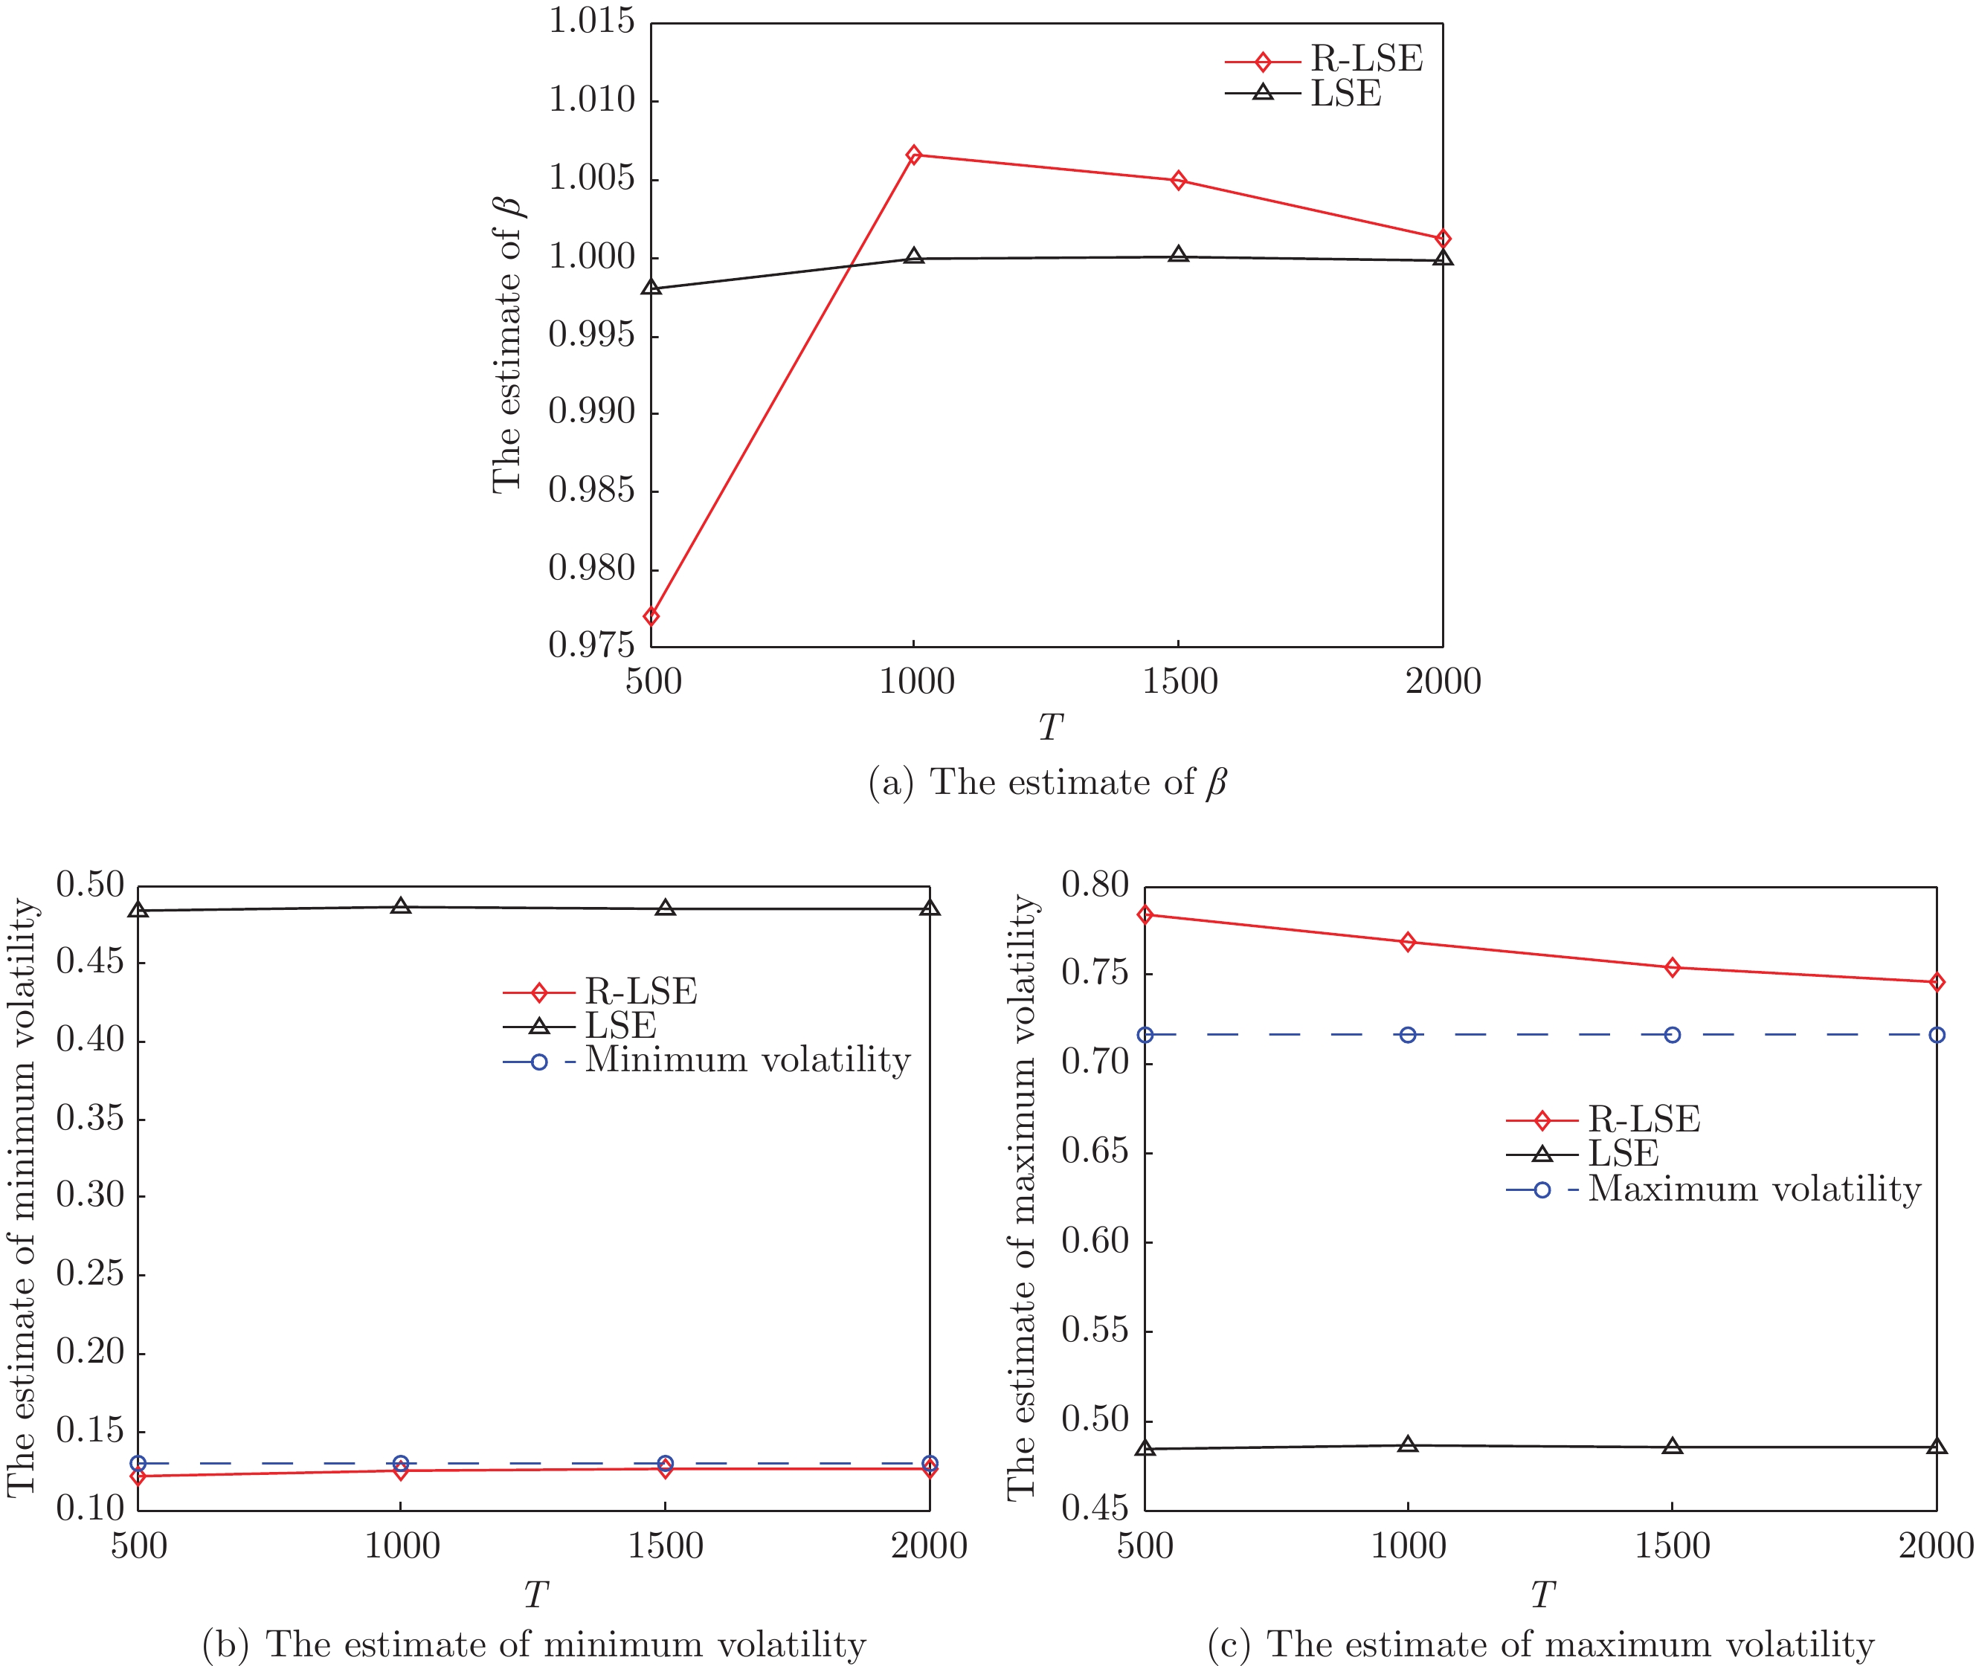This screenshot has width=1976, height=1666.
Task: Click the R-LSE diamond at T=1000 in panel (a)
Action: click(913, 155)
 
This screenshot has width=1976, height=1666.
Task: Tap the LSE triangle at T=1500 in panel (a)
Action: click(1178, 255)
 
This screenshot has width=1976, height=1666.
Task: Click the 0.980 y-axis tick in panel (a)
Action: click(591, 568)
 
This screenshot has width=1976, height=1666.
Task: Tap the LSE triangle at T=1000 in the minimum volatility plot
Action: click(402, 907)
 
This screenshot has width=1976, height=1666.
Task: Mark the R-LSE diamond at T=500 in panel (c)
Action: click(1145, 914)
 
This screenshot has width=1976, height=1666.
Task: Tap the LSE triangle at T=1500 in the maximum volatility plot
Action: click(1673, 1446)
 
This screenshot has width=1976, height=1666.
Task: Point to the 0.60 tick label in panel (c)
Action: click(1095, 1240)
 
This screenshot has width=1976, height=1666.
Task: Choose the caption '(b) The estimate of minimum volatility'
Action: click(534, 1644)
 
